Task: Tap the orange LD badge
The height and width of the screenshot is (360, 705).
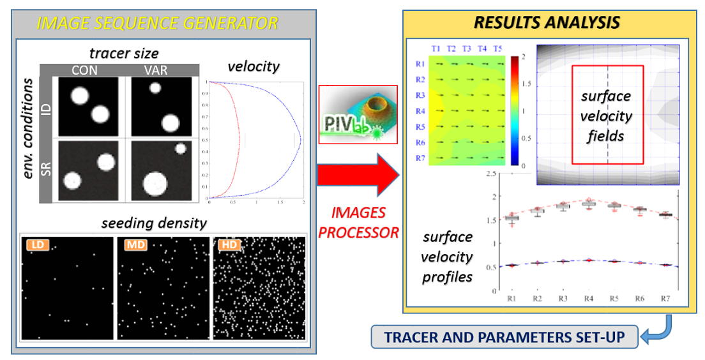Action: tap(33, 244)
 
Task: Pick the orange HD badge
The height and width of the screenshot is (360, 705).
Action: tap(226, 244)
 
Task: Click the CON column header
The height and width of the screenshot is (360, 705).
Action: tap(84, 70)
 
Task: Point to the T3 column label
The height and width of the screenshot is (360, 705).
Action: tap(467, 49)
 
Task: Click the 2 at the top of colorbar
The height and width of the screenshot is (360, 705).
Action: tap(524, 57)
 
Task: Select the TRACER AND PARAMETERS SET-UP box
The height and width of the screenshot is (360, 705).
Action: tap(504, 337)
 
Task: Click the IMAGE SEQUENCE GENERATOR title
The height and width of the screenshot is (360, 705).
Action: tap(158, 24)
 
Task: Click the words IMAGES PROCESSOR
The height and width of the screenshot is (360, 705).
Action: tap(358, 222)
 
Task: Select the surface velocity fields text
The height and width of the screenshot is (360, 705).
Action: tap(606, 116)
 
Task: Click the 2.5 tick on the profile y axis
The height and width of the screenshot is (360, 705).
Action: tap(490, 174)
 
